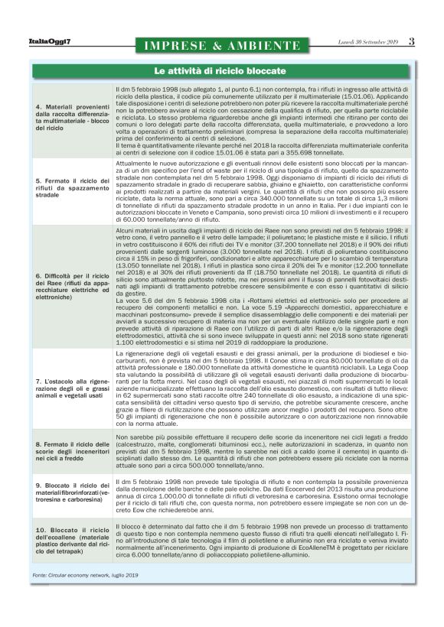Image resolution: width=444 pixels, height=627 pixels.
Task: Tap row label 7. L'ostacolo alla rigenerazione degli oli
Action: click(x=73, y=402)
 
